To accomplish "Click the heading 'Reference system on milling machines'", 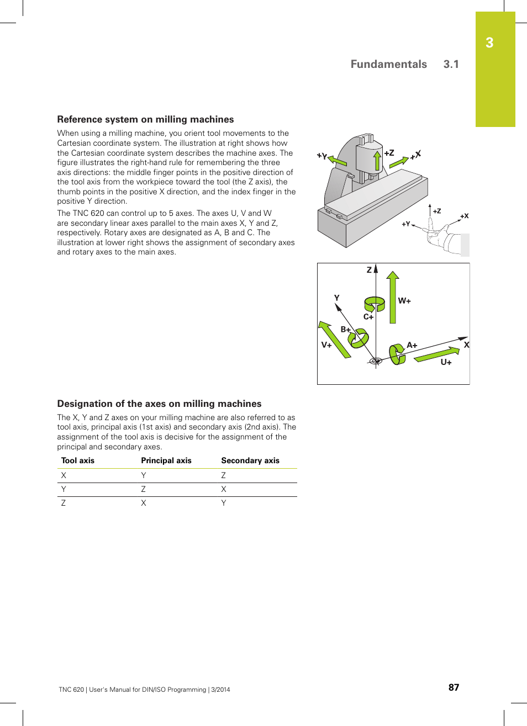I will tap(145, 119).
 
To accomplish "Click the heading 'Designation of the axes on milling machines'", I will tap(159, 404).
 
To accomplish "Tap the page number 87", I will tap(454, 687).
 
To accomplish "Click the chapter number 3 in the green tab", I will tap(489, 43).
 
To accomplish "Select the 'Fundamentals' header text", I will tap(388, 64).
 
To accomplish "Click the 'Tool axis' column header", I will tap(78, 460).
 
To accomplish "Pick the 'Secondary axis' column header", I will tap(250, 460).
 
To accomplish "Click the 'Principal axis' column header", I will tap(166, 460).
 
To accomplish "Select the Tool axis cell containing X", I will tap(64, 475).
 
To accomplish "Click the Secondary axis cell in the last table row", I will tap(224, 503).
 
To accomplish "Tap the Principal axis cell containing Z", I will tap(144, 489).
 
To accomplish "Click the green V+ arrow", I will tap(334, 340).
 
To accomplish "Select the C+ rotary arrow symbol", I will tap(374, 304).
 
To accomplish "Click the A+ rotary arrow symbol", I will tap(397, 354).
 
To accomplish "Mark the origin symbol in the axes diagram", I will tap(376, 361).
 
